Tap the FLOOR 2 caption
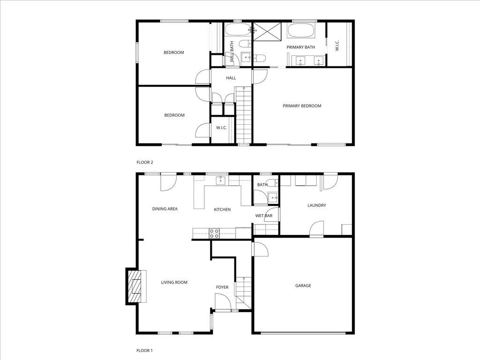145,162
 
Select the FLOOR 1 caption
145,350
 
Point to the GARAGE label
303,285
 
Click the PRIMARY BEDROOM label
302,106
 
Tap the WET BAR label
264,216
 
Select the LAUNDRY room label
316,205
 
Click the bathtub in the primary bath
302,31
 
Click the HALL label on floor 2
231,78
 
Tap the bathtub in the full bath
238,30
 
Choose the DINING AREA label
165,209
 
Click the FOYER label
222,287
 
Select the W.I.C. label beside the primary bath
337,45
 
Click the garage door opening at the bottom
303,333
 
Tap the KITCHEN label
222,210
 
